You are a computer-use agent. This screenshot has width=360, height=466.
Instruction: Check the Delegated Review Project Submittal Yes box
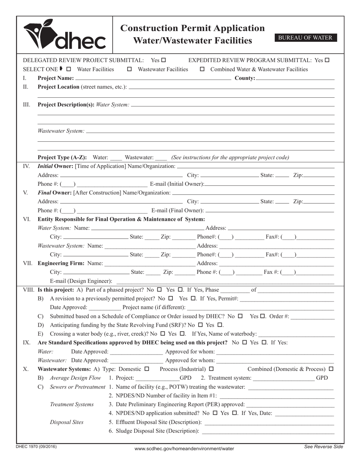[163, 60]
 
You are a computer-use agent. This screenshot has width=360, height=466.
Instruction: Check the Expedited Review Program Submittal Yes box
[327, 60]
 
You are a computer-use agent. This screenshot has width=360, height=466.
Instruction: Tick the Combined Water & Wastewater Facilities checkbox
[202, 69]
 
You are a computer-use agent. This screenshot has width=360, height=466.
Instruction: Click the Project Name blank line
[153, 78]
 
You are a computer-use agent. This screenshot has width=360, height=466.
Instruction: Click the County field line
[295, 78]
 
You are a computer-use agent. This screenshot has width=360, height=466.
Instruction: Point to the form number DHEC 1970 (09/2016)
[36, 447]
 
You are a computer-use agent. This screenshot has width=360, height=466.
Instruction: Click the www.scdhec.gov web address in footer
[184, 449]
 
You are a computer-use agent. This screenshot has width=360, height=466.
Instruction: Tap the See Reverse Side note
[324, 447]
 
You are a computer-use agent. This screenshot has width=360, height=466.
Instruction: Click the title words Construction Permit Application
[193, 28]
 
